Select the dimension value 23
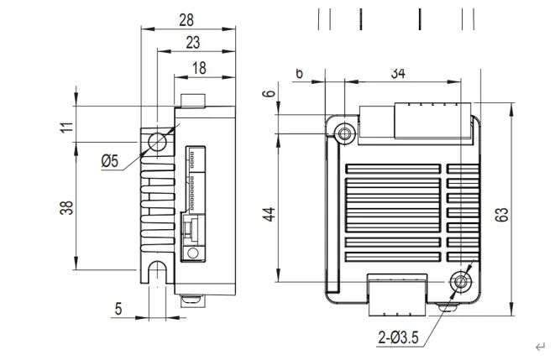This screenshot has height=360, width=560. pos(192,42)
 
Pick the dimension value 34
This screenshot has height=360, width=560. pos(398,74)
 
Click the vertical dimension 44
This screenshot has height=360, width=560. pos(269,214)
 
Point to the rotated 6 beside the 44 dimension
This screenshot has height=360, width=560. pos(269,93)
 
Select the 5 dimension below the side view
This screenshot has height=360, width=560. pos(118,309)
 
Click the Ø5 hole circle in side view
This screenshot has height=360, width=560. pos(157,143)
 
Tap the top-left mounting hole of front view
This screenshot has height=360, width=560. pos(344,133)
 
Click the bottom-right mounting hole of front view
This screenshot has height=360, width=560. pos(458,282)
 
